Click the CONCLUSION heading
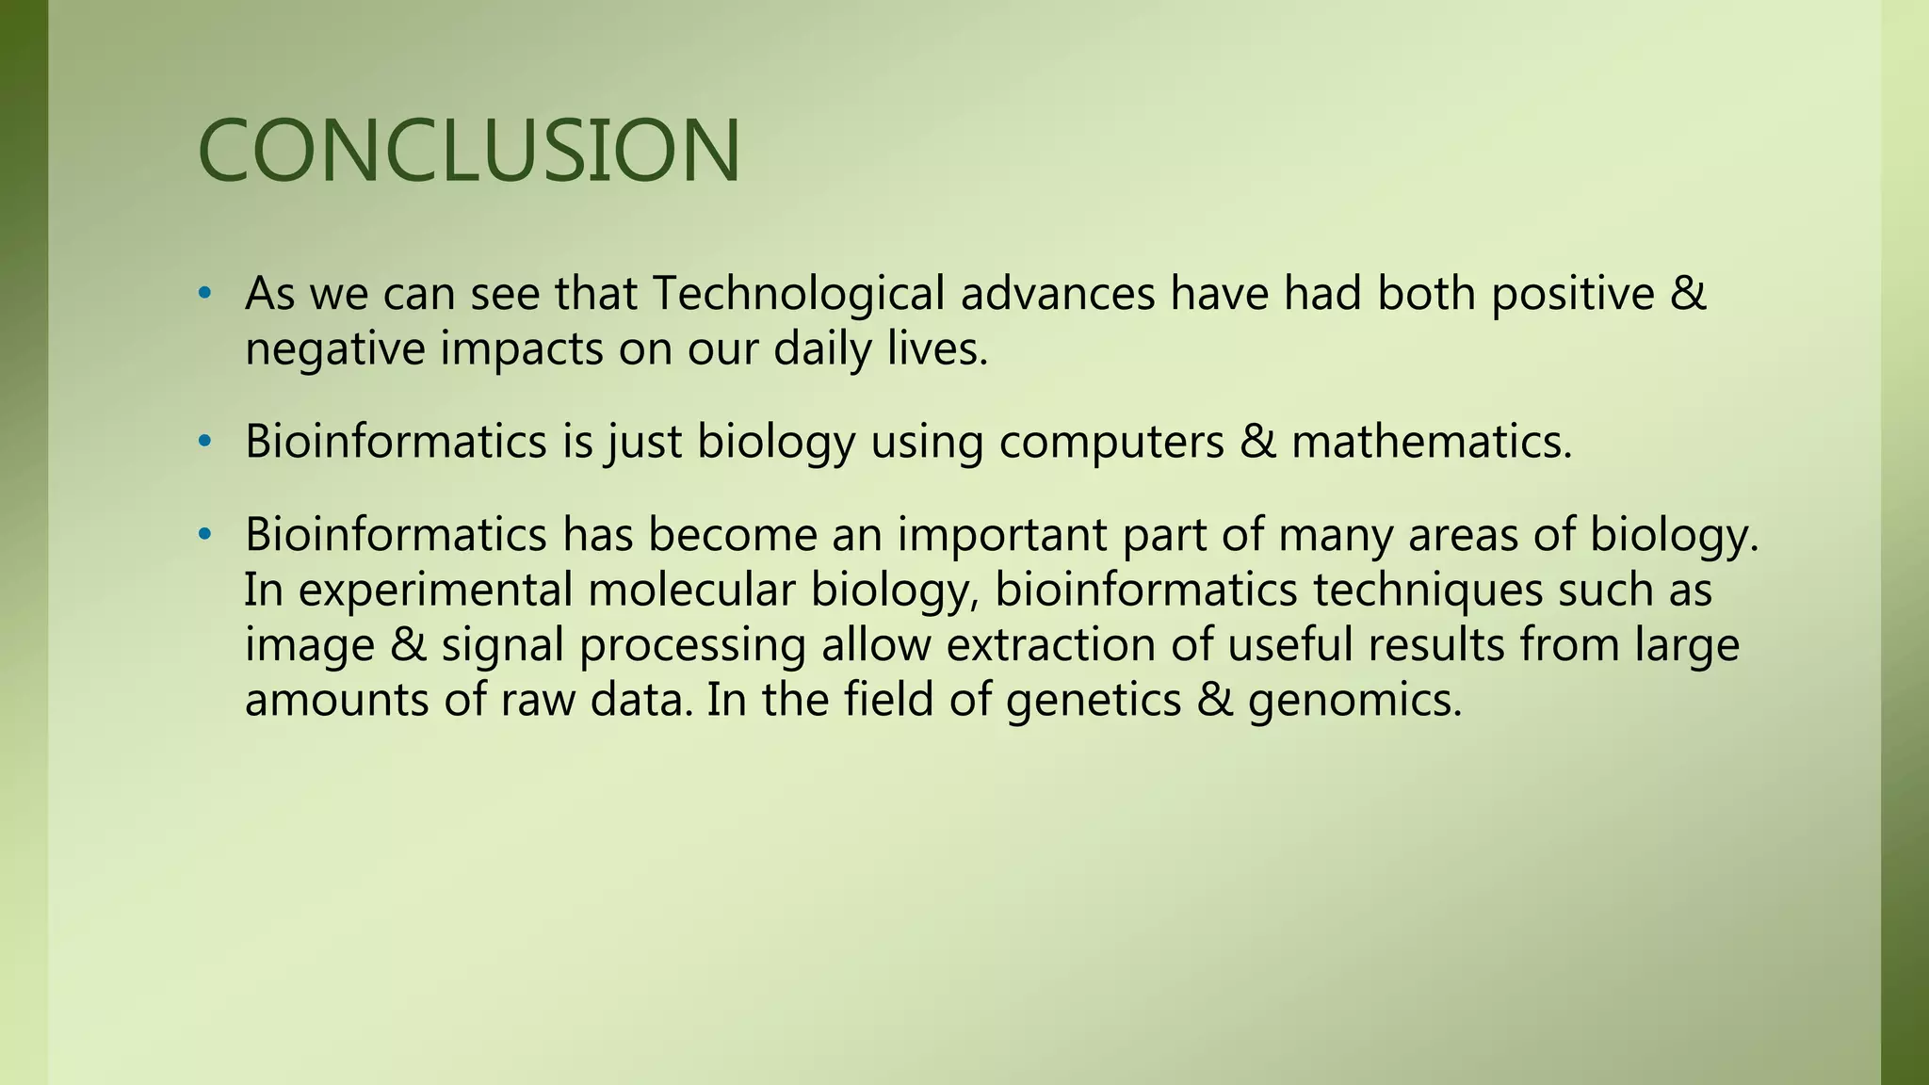[469, 151]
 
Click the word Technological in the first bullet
[798, 293]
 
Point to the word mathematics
[1432, 442]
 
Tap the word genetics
[1093, 700]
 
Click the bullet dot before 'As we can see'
[204, 295]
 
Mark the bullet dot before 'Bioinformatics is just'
[204, 443]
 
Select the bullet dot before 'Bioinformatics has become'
[204, 536]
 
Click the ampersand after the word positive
[1688, 293]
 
